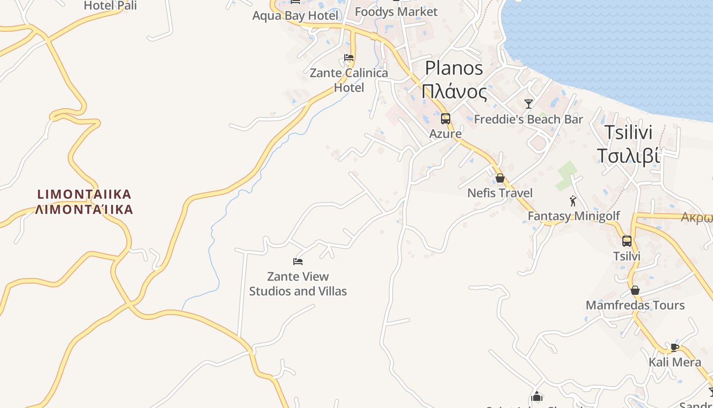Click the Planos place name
point(454,68)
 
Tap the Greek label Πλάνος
point(454,92)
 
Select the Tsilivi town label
point(628,132)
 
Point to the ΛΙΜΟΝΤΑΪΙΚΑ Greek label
point(84,209)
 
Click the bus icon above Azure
point(446,119)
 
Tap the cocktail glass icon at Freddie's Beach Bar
point(529,104)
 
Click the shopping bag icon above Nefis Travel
point(500,178)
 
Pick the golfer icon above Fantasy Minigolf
point(573,201)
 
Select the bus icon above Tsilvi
point(626,241)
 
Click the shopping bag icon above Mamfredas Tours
point(635,290)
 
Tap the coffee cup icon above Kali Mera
point(675,347)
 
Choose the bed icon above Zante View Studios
point(298,262)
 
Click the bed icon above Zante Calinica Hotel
point(349,58)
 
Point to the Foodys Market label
point(396,12)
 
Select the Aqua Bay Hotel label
point(295,16)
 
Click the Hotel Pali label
point(110,6)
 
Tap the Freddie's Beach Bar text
point(528,119)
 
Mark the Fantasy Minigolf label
point(573,216)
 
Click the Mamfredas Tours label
point(635,305)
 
